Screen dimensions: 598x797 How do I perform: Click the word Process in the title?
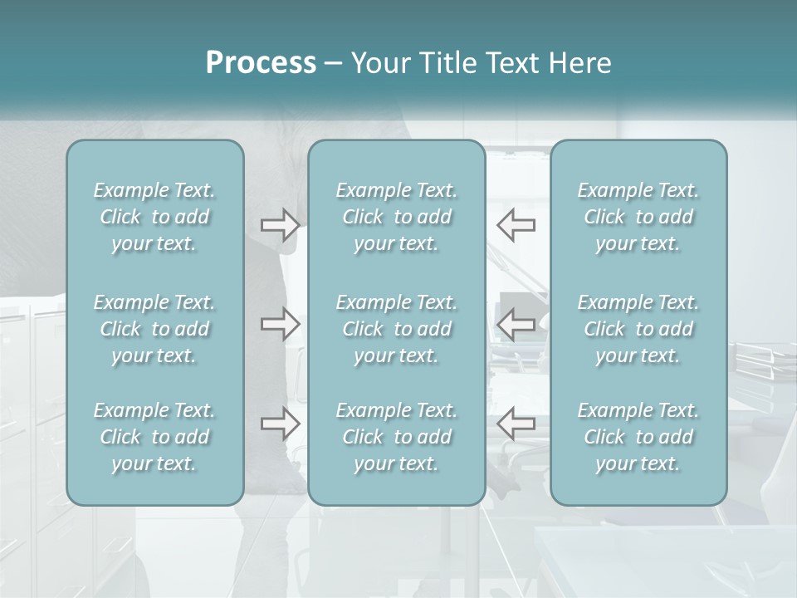pos(261,63)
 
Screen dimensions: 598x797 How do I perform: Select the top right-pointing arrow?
pos(280,224)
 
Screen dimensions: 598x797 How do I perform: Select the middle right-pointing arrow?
pos(280,324)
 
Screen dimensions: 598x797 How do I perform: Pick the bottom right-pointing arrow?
pos(280,424)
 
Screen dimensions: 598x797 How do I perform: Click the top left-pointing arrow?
pos(516,224)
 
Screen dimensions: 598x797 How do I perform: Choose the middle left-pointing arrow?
pos(516,324)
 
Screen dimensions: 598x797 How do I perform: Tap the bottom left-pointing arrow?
pos(516,424)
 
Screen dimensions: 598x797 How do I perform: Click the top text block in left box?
pos(154,217)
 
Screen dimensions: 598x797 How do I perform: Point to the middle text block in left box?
pos(154,329)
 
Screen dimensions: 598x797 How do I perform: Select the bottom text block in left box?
pos(154,437)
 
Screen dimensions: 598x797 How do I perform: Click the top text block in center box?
pos(396,217)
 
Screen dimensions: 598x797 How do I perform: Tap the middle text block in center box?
pos(396,329)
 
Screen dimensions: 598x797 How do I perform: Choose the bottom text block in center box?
pos(396,437)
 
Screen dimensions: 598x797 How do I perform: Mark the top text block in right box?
pos(638,217)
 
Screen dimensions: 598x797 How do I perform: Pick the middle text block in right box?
pos(638,329)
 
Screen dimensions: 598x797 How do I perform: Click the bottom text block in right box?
pos(638,437)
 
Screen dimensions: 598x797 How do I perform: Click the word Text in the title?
pos(509,63)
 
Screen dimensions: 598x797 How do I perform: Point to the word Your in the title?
pos(376,63)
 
